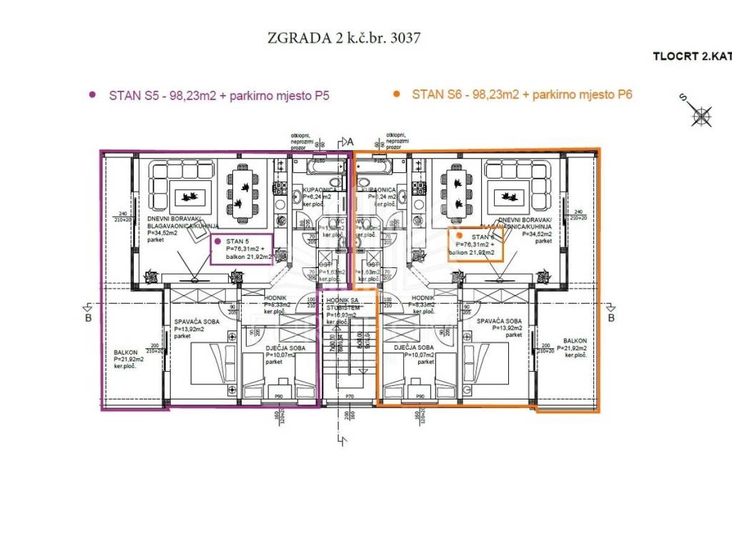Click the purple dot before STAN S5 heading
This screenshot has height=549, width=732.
tap(91, 94)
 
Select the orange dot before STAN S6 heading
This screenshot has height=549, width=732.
tap(396, 94)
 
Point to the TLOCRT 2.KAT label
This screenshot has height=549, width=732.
tap(691, 56)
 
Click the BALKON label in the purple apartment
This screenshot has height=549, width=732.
tap(125, 352)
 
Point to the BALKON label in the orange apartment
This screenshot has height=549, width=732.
tap(574, 341)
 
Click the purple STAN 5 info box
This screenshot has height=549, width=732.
tap(242, 249)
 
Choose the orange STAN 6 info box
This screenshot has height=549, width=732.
tap(476, 244)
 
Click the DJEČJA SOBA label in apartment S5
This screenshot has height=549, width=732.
tap(265, 348)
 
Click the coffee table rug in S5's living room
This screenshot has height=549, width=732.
tap(189, 195)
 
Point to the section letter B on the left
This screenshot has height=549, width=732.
tap(88, 318)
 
